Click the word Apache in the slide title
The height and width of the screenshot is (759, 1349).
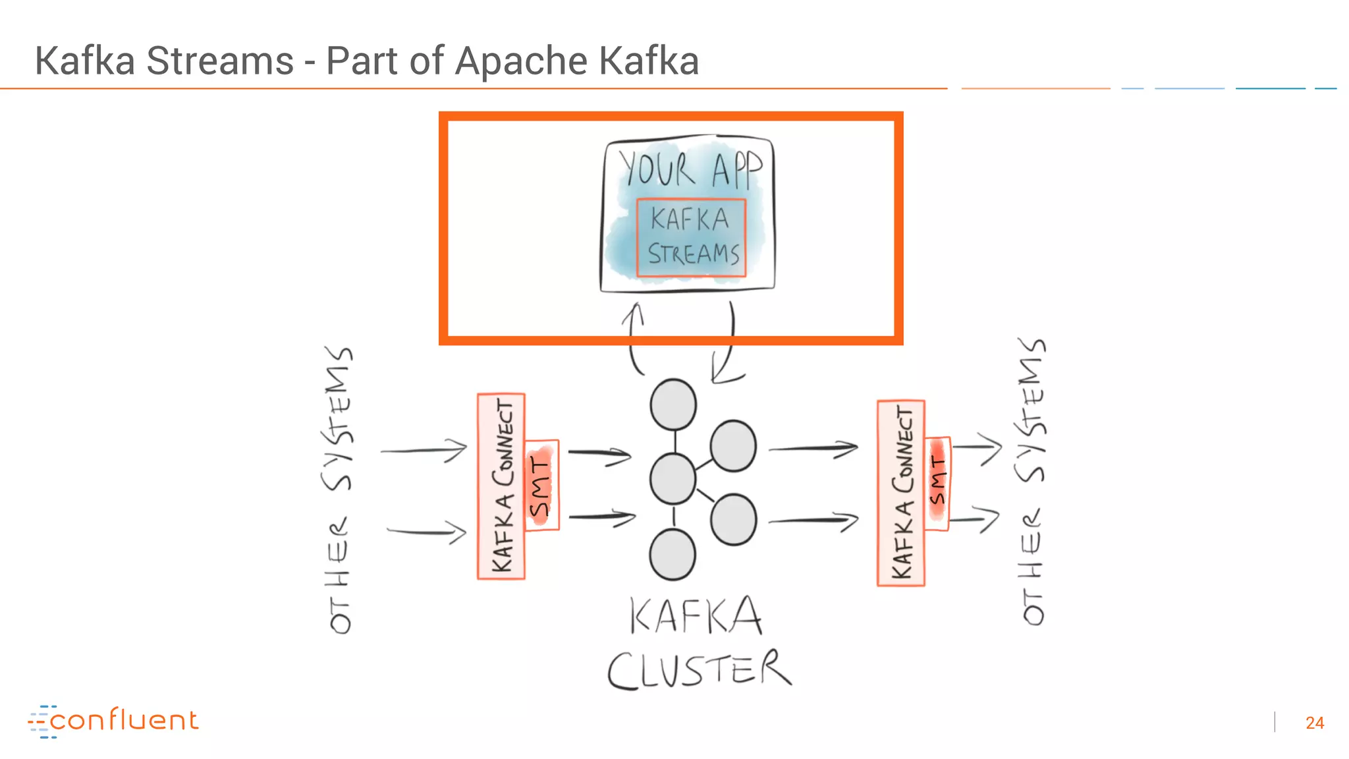pos(520,61)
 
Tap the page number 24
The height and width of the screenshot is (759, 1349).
pos(1314,723)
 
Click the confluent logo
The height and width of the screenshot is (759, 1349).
pos(113,721)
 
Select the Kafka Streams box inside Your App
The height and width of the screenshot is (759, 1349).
pos(692,237)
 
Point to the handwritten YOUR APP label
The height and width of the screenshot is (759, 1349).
pos(690,169)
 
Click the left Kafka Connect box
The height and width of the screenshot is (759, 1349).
pos(501,486)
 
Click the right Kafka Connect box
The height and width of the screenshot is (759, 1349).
pos(901,493)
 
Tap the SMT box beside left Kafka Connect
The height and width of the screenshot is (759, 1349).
pos(541,486)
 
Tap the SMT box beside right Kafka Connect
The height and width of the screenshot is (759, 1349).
pos(937,483)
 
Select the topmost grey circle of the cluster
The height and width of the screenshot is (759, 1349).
pos(673,404)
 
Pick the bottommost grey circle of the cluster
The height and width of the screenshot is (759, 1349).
pos(672,555)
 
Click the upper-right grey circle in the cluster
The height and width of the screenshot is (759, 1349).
pos(732,446)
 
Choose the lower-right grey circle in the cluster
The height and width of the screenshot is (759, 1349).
pos(733,520)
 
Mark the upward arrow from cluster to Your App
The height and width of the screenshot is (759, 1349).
pos(634,339)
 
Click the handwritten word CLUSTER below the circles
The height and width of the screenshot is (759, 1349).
pos(698,669)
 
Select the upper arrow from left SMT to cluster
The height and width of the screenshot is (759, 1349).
pos(599,455)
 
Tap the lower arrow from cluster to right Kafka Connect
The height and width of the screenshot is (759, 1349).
pos(813,520)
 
